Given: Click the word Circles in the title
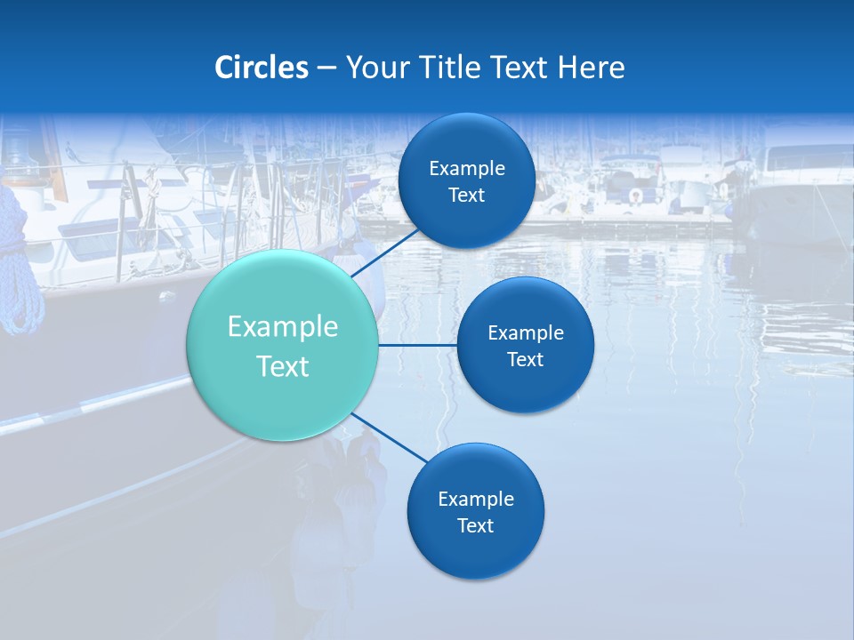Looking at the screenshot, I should [261, 68].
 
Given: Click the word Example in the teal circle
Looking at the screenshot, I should [283, 327].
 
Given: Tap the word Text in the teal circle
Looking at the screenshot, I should [283, 366].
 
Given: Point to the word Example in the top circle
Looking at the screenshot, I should [467, 169].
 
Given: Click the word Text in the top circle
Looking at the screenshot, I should [467, 196].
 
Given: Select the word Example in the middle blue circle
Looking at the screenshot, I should [526, 333].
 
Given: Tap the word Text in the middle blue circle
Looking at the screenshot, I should [526, 360].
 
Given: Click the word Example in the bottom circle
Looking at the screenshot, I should [476, 500].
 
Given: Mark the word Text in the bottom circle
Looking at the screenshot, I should [476, 526].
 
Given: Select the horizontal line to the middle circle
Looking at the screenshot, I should [418, 345].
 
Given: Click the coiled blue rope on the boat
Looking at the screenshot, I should [20, 267].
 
